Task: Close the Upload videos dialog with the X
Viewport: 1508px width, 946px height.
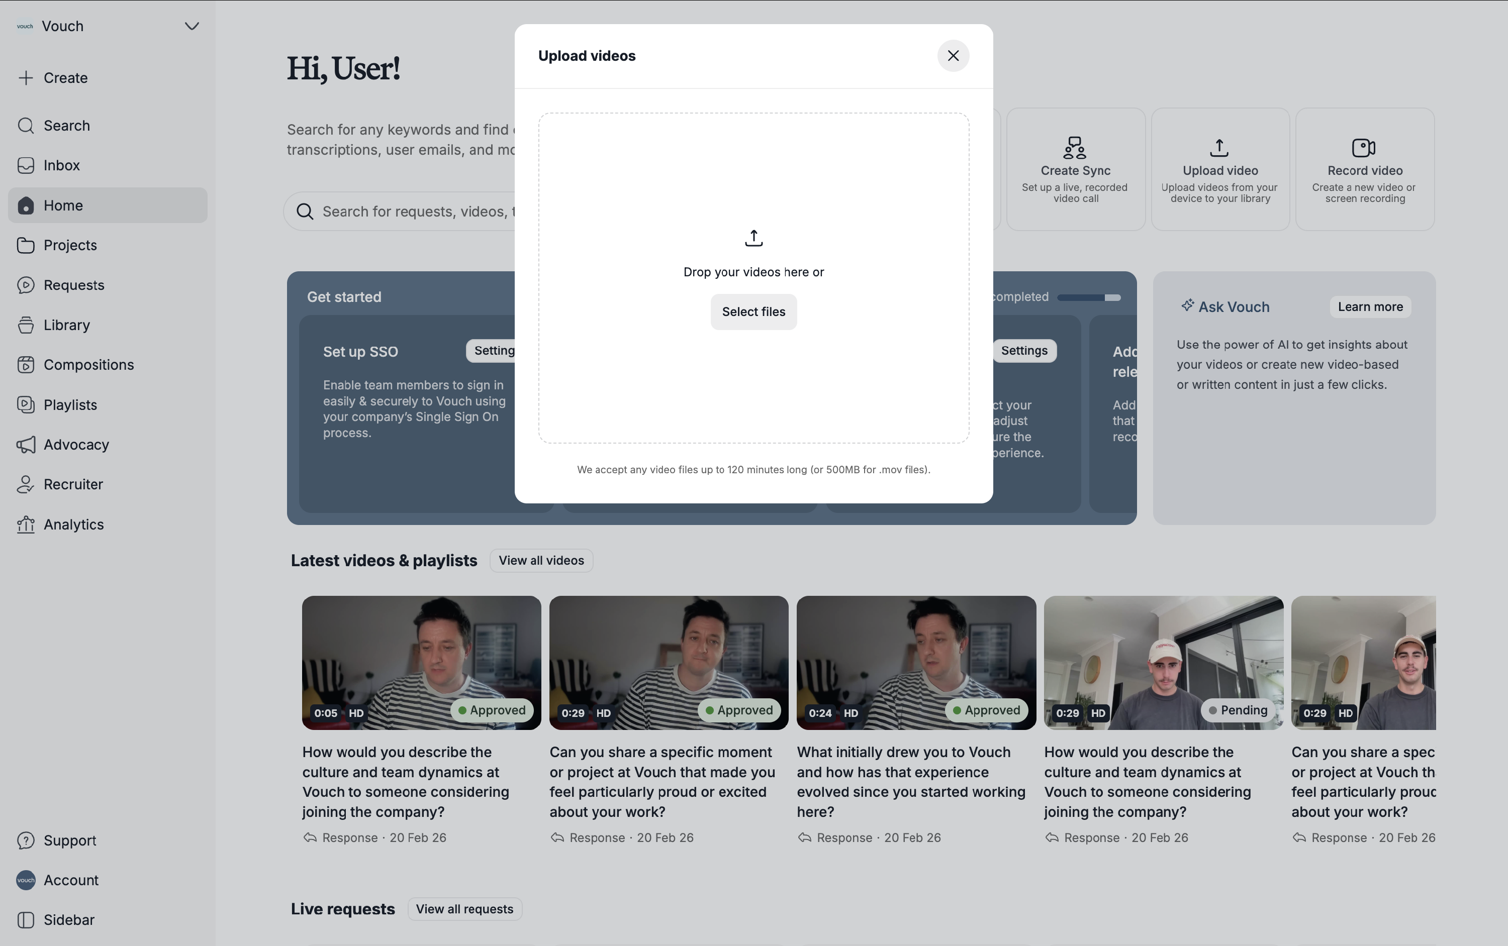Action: coord(953,56)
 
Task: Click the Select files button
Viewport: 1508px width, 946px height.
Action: coord(753,311)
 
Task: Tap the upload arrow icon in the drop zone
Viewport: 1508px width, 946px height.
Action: coord(753,238)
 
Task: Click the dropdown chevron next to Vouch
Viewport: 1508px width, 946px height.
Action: coord(192,26)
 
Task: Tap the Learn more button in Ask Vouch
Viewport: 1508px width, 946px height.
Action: coord(1370,306)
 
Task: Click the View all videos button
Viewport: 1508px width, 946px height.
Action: coord(541,561)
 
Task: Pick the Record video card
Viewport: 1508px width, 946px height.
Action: coord(1365,169)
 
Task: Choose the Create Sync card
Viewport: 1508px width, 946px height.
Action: coord(1075,169)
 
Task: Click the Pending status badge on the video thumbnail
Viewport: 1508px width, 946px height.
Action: coord(1238,710)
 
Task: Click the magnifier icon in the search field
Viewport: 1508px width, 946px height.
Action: coord(305,212)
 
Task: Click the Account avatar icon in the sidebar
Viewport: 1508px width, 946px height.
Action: coord(26,880)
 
